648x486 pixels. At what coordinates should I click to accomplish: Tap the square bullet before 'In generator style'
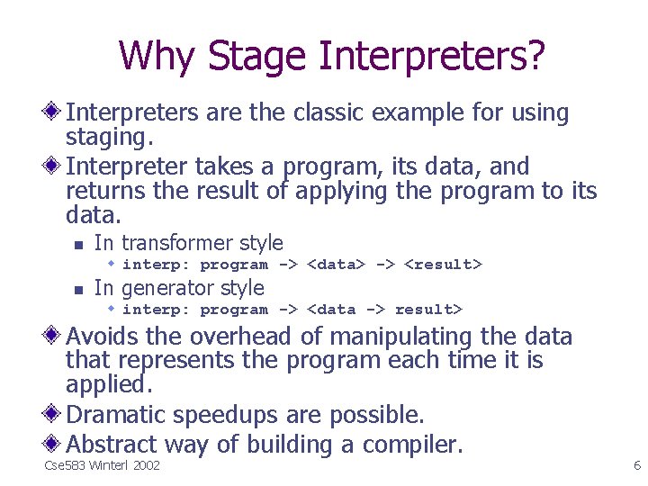[x=77, y=290]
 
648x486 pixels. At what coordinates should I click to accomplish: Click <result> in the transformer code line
[x=443, y=265]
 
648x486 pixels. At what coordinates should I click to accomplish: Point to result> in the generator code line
[x=428, y=310]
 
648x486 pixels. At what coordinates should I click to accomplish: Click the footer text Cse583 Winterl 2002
[x=102, y=466]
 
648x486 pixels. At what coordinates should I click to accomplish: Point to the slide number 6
[x=636, y=466]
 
